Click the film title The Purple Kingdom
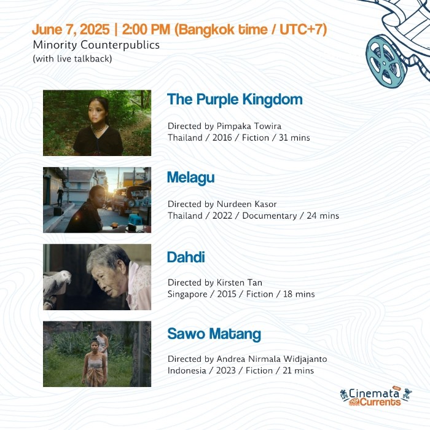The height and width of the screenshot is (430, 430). (235, 100)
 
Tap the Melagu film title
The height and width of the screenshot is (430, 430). (191, 178)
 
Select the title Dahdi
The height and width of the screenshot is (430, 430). (186, 257)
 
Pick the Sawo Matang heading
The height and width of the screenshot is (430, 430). (214, 334)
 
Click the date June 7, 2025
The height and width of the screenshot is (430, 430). (71, 29)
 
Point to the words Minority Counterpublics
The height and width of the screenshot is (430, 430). (96, 45)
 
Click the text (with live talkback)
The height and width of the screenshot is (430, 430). (72, 59)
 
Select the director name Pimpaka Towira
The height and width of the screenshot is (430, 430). (249, 126)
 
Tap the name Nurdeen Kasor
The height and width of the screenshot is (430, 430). (247, 204)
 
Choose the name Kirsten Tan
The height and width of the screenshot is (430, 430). (240, 283)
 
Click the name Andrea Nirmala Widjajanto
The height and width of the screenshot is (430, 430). (272, 359)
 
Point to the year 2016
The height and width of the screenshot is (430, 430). (222, 138)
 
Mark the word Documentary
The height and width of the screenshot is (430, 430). (270, 216)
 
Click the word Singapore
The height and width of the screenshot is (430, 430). (187, 294)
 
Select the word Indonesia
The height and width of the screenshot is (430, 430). (187, 370)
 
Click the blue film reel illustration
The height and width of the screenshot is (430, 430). (386, 62)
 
